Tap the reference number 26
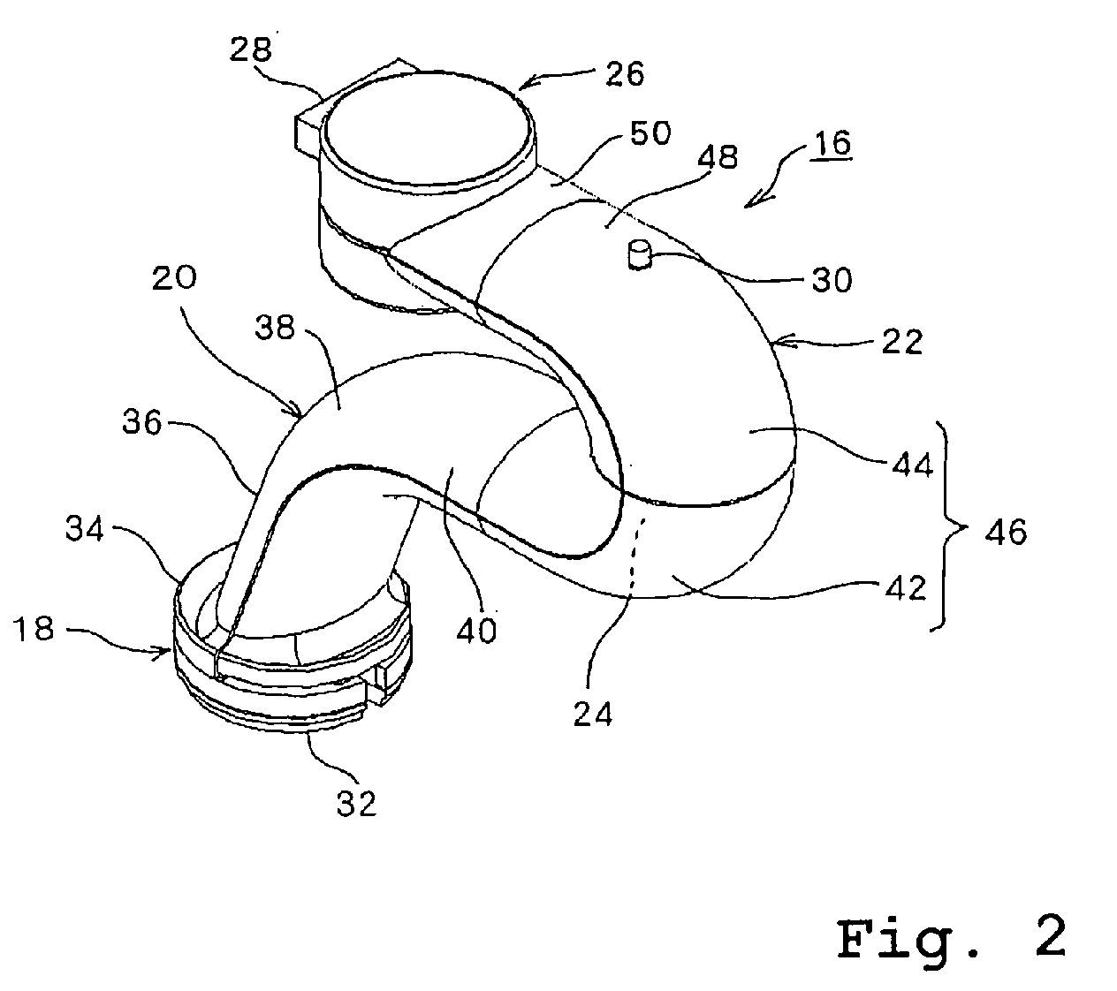click(624, 74)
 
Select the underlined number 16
click(831, 143)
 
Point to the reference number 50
click(650, 134)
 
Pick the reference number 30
click(832, 280)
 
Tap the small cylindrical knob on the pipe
click(638, 256)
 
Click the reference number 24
click(592, 713)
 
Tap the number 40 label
click(477, 630)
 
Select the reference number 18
click(35, 629)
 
